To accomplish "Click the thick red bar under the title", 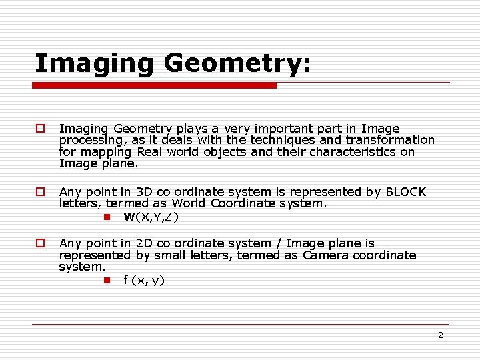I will click(155, 85).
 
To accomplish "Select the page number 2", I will click(440, 335).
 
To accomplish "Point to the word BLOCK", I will click(405, 192).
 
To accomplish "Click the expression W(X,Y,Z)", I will click(151, 217).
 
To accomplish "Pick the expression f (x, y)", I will click(144, 280).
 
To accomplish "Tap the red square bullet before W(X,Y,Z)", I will click(106, 217).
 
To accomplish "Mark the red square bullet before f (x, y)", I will click(106, 280).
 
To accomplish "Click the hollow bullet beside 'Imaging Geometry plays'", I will click(41, 128).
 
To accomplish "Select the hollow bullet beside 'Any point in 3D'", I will click(41, 192).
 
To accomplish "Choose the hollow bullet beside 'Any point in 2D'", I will click(41, 244).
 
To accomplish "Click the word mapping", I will click(102, 152).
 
